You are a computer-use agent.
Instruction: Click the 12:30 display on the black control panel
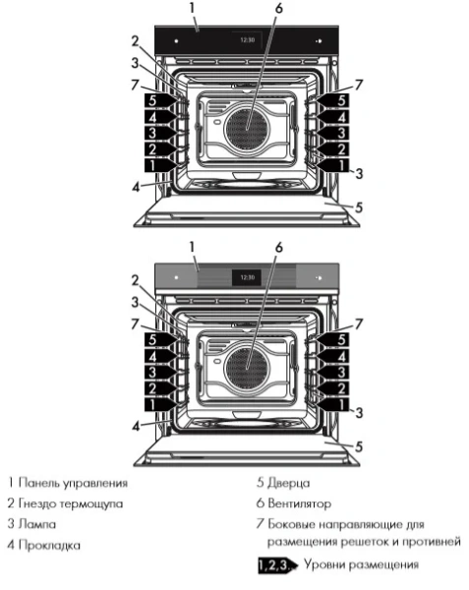tap(246, 41)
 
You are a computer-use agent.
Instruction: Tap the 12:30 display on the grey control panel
tap(246, 277)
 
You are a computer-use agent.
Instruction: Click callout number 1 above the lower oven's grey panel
tap(194, 246)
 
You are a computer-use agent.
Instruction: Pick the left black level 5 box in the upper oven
tap(152, 100)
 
